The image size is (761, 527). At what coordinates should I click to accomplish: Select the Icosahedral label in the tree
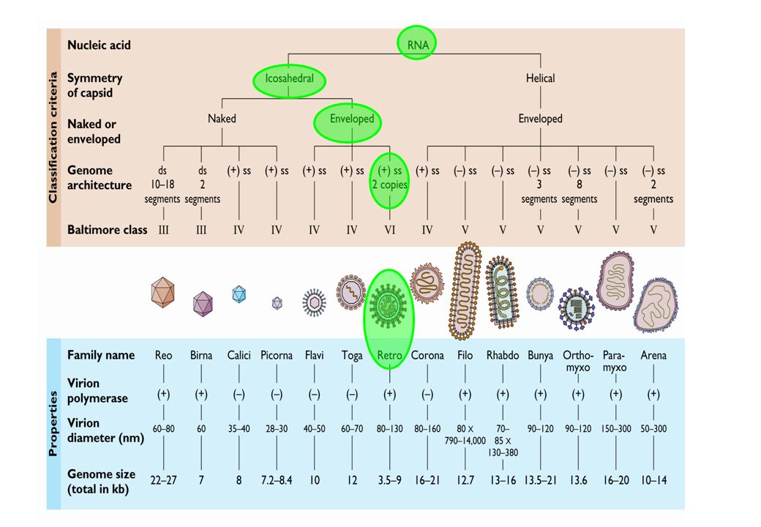tap(289, 78)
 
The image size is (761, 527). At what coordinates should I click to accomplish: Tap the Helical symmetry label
tap(540, 78)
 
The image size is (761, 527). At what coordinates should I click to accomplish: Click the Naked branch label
tap(222, 119)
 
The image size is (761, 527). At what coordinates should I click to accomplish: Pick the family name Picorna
tap(276, 355)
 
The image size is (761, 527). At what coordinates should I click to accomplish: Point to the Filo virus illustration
tap(466, 291)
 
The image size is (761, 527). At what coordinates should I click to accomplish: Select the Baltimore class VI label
tap(390, 230)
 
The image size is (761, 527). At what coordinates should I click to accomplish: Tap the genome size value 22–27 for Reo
tap(164, 480)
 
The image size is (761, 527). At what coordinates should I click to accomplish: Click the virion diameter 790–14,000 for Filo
tap(465, 441)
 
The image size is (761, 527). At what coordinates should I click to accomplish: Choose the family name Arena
tap(653, 355)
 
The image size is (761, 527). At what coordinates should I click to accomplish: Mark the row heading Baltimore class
tap(108, 230)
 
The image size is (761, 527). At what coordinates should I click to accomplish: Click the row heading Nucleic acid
tap(99, 45)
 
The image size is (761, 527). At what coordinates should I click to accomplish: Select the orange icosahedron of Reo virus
tap(162, 292)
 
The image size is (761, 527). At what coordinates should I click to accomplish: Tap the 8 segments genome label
tap(579, 192)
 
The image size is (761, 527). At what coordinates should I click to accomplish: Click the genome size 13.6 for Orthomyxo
tap(578, 480)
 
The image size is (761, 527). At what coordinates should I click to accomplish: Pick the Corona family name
tap(427, 355)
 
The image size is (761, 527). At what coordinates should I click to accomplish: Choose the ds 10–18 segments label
tap(162, 185)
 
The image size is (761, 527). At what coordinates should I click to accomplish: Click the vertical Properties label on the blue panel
tap(53, 424)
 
